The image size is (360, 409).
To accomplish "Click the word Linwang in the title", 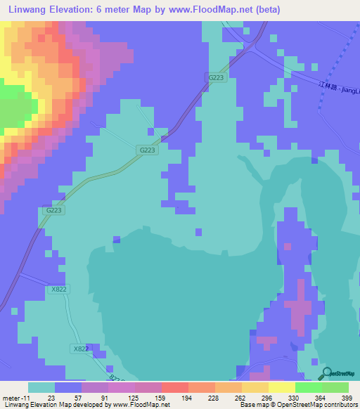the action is (26, 9).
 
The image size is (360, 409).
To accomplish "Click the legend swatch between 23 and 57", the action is (68, 387).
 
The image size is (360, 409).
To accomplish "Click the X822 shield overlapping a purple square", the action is (81, 349).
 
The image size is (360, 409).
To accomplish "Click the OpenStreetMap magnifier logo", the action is (326, 373).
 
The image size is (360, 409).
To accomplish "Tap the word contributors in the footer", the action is (342, 405).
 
